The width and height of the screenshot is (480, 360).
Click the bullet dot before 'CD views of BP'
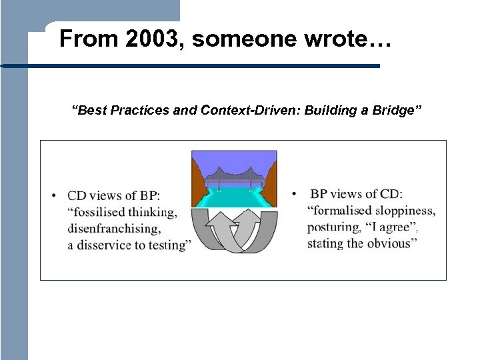[x=54, y=196]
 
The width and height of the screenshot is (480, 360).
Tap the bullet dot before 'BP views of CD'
[x=294, y=194]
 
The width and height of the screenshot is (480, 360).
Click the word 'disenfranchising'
[x=114, y=229]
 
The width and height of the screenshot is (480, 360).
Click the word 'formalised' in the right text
[x=341, y=211]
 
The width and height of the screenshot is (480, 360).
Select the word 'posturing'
[x=333, y=227]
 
